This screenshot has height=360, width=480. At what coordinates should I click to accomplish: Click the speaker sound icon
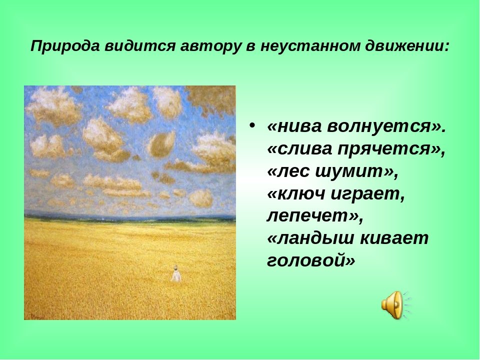(395, 305)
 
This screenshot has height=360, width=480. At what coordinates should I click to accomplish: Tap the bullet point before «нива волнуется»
(252, 125)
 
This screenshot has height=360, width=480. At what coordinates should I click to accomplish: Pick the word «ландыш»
(310, 239)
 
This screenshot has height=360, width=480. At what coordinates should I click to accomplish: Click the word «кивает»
(394, 239)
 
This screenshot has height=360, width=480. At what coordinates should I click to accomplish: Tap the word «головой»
(311, 261)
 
